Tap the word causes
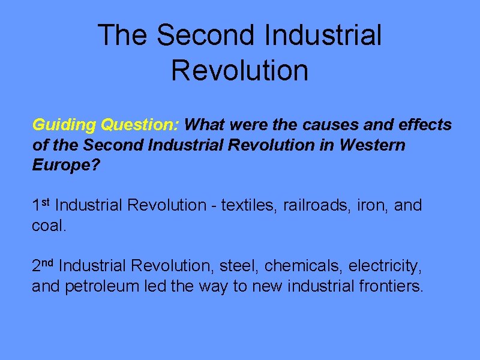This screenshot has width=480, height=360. [327, 125]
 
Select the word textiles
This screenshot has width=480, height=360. [247, 205]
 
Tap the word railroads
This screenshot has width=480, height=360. [313, 205]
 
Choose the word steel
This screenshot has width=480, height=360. [238, 265]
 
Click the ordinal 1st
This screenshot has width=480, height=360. [42, 205]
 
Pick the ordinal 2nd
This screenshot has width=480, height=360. [44, 265]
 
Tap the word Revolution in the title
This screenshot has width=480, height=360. [239, 70]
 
